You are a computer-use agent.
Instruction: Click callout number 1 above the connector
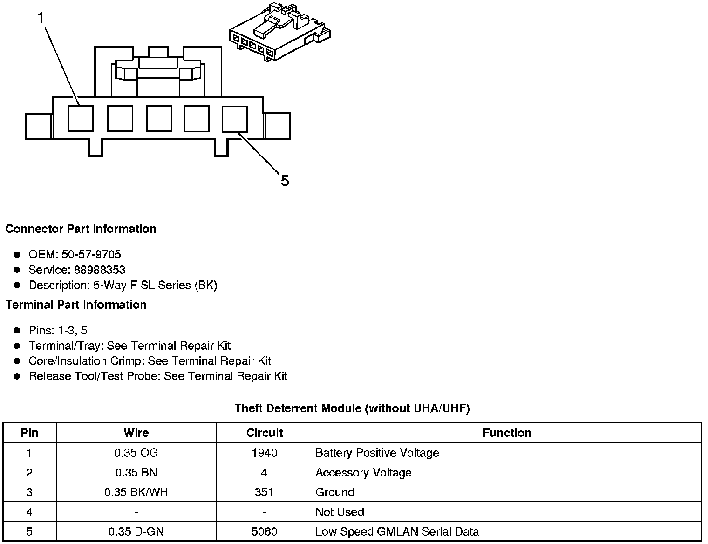point(41,18)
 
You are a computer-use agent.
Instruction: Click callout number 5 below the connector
point(285,180)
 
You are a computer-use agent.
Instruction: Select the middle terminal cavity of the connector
point(159,118)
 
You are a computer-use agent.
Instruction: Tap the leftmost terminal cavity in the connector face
point(81,118)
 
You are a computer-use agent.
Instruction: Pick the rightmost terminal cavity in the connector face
point(234,118)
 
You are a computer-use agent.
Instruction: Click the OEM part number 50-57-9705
point(91,254)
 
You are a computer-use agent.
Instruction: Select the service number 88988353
point(100,270)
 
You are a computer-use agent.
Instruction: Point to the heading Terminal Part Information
point(76,305)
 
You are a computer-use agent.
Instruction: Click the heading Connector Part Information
point(81,229)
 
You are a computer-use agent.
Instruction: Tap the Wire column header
point(136,433)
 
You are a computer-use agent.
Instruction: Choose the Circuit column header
point(264,433)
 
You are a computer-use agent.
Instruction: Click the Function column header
point(507,433)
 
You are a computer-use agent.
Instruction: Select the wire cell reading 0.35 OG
point(136,453)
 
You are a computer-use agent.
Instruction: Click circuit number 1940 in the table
point(264,453)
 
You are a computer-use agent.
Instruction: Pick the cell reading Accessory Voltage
point(363,473)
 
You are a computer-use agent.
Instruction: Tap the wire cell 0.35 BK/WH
point(136,492)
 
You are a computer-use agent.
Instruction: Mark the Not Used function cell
point(340,512)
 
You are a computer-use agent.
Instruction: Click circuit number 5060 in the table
point(264,531)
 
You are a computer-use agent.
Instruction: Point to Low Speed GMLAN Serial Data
point(397,531)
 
